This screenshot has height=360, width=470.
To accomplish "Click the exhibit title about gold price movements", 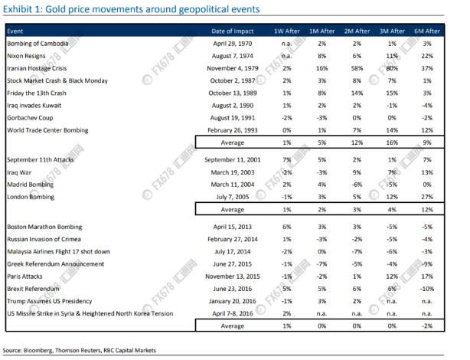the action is click(132, 9).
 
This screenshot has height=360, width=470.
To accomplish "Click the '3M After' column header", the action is click(392, 31).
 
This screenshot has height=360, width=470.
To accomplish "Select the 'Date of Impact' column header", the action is click(232, 31).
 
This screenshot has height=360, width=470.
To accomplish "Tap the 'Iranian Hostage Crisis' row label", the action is click(37, 68).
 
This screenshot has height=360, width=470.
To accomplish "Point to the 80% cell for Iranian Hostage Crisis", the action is click(392, 68).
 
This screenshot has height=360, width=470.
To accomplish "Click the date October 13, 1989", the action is click(233, 93).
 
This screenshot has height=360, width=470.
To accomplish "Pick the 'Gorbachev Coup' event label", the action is click(30, 118).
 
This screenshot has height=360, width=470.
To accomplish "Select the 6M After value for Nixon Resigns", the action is click(427, 56).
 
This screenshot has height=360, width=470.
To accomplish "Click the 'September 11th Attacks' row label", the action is click(40, 160).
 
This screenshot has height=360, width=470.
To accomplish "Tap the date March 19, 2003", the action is click(233, 172).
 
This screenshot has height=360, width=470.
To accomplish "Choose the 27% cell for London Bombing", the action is click(427, 197).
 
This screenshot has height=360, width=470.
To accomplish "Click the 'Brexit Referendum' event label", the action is click(33, 289).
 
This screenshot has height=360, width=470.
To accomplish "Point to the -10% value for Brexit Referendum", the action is click(427, 289).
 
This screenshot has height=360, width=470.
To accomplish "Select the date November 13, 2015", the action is click(233, 277).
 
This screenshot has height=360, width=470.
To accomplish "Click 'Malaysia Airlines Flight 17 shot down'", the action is click(58, 252).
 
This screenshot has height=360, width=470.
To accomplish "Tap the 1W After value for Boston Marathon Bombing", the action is click(287, 227).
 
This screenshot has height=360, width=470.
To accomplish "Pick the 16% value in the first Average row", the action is click(392, 142).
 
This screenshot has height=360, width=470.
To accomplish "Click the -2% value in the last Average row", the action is click(427, 326).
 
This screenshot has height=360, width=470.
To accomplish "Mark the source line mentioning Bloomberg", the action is click(80, 350).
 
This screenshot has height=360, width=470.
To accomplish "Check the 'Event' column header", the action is click(15, 31).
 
